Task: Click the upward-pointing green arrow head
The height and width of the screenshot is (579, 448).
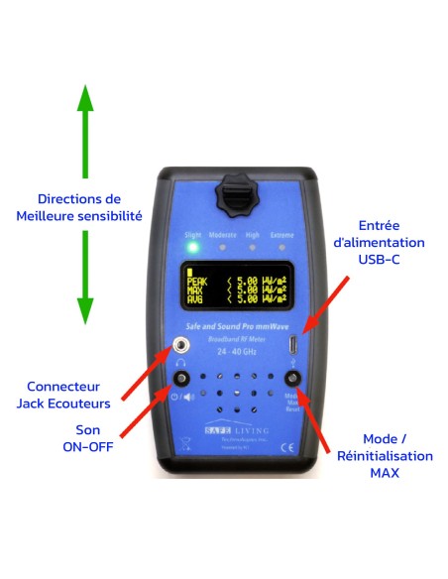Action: (x=86, y=99)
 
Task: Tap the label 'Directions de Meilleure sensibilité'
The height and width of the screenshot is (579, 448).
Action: (x=79, y=207)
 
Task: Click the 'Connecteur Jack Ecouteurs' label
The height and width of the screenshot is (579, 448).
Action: (x=65, y=393)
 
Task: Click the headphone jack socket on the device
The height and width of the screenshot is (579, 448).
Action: (x=181, y=345)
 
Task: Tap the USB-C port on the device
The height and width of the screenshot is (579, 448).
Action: (x=292, y=345)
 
